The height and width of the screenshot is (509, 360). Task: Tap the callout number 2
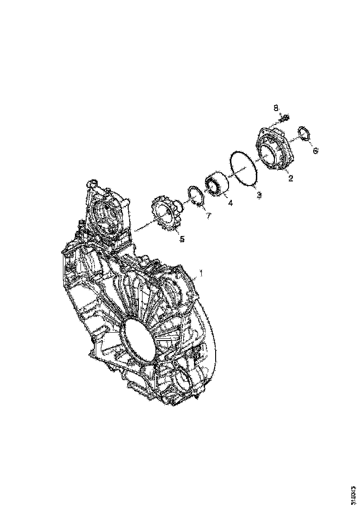291,178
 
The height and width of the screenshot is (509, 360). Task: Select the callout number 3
259,195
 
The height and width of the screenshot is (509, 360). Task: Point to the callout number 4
230,202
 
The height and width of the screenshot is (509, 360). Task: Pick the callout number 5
182,239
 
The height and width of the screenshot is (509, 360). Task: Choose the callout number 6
316,151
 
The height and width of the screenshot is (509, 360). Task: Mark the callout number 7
208,216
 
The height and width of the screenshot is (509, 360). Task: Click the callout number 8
276,108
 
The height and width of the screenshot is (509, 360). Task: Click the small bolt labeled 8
284,119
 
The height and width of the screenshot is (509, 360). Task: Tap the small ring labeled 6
304,133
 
